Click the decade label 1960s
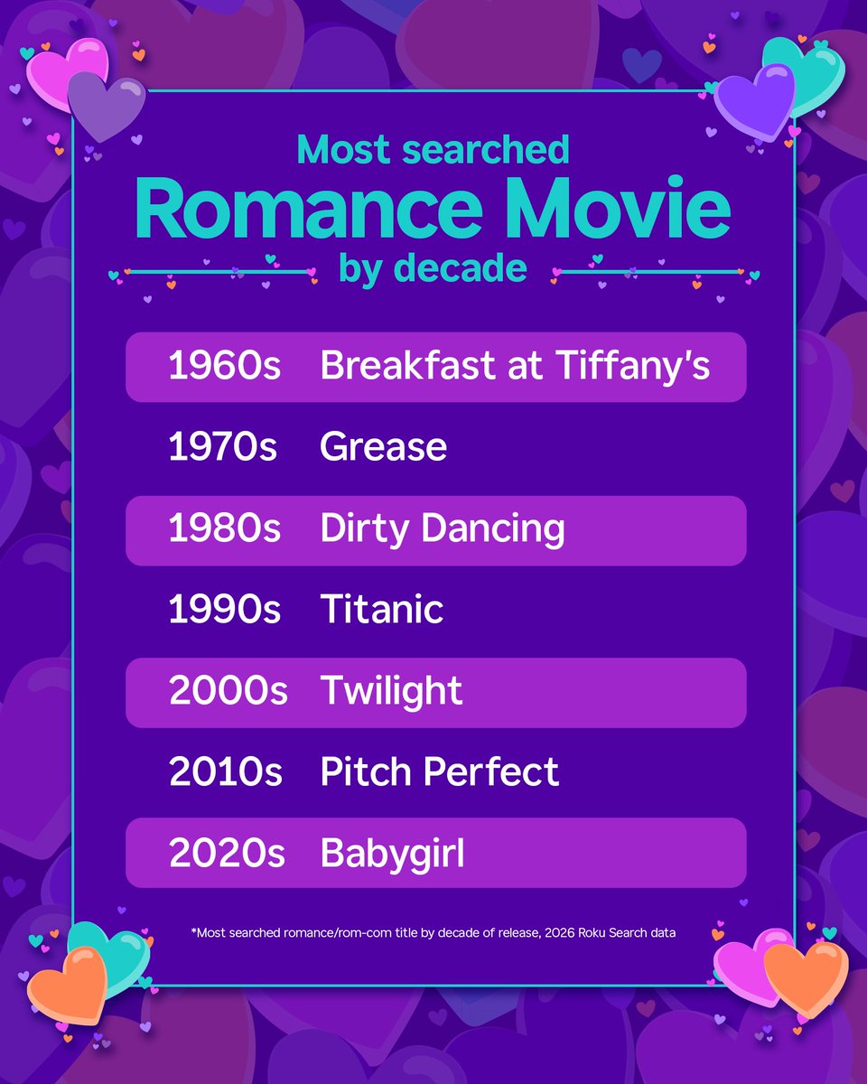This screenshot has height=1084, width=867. (224, 368)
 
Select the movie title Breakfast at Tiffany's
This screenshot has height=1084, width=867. (515, 368)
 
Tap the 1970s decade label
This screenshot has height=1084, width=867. (224, 448)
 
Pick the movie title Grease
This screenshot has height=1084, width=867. (383, 448)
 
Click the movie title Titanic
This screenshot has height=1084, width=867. (381, 611)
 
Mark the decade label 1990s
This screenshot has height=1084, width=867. (224, 611)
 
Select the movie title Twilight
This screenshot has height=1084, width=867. (391, 692)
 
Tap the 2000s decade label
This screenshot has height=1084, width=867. (228, 692)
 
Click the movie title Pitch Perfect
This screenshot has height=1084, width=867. (439, 772)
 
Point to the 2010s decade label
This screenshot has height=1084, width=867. (224, 772)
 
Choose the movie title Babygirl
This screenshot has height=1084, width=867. (392, 854)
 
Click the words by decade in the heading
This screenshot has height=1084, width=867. (433, 268)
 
